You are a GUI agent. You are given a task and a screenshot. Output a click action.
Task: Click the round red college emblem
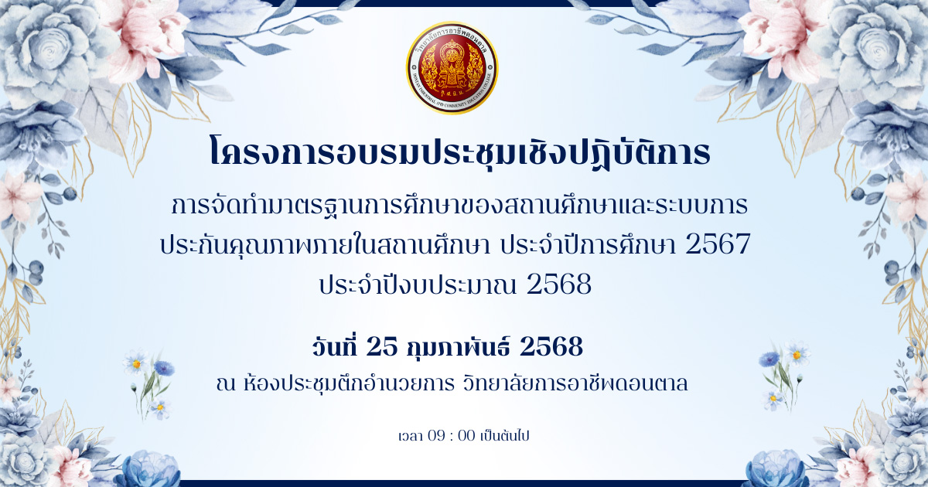click(x=452, y=67)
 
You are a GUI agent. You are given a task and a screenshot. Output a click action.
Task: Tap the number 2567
click(x=718, y=244)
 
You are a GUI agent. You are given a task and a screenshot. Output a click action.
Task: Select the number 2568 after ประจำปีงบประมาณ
click(x=559, y=284)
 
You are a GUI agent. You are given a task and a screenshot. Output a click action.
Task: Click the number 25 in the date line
click(x=381, y=346)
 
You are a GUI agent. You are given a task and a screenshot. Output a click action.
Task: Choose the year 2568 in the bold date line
click(x=551, y=346)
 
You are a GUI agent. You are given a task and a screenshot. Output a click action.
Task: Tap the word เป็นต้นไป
click(x=504, y=436)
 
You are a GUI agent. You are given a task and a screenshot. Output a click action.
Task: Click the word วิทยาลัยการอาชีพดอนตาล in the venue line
click(x=575, y=383)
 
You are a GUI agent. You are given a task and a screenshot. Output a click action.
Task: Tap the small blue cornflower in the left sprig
click(x=164, y=368)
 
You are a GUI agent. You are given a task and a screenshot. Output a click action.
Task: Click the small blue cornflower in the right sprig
click(x=769, y=359)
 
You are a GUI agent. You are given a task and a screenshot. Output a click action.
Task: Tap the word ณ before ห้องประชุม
click(x=226, y=385)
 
